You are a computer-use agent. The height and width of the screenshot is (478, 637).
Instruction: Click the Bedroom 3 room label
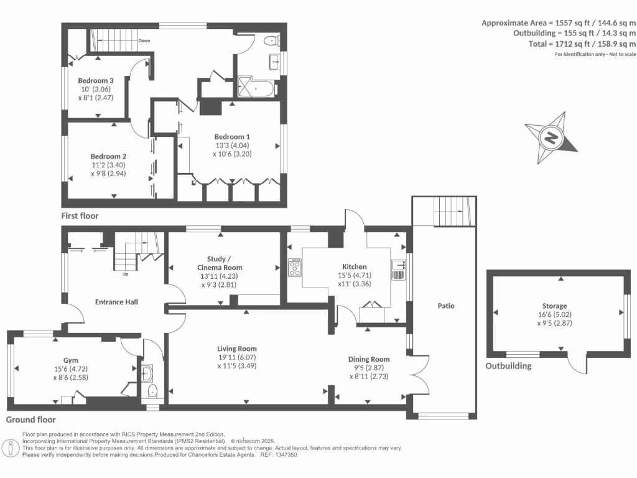point(95,80)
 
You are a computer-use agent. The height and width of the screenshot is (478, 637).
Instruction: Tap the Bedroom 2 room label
point(108,156)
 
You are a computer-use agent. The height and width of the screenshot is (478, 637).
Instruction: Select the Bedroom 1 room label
point(232,137)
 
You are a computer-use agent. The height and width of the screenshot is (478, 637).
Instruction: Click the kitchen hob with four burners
point(294,268)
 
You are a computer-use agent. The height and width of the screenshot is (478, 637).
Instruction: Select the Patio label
point(445,306)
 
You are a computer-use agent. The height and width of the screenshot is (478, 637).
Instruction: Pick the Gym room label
point(70,360)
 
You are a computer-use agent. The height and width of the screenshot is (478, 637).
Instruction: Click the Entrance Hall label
point(116,302)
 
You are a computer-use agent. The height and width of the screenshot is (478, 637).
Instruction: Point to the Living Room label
point(236,349)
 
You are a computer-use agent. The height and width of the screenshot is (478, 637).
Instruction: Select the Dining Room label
point(369,359)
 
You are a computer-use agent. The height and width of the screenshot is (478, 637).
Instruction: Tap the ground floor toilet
point(153,391)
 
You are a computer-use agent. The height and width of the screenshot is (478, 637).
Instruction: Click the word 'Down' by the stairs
point(144,40)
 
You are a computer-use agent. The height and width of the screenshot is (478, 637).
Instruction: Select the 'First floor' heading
point(80,216)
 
